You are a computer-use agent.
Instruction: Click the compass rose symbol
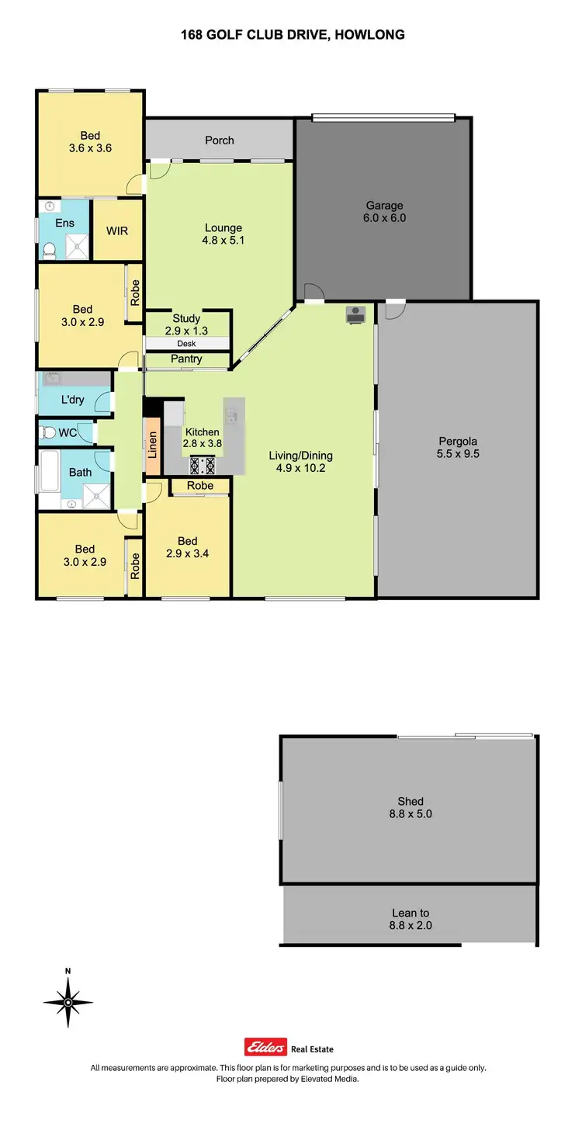point(68,1002)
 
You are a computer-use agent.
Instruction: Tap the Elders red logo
point(266,1047)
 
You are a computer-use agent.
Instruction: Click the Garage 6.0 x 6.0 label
point(385,212)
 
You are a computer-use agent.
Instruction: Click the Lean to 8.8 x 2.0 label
point(410,920)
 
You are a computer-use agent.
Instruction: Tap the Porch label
point(220,140)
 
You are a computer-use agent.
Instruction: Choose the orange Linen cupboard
point(153,448)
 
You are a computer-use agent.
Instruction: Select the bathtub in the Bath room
point(49,471)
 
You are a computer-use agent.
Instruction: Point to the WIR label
point(117,231)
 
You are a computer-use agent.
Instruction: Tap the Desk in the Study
point(187,343)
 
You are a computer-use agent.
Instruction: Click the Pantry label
point(186,359)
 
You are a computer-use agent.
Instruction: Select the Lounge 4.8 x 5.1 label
point(223,234)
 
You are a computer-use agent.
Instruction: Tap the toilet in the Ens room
point(48,249)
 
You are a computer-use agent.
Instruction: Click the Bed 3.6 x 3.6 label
point(90,141)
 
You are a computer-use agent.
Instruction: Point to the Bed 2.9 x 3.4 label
point(187,547)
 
